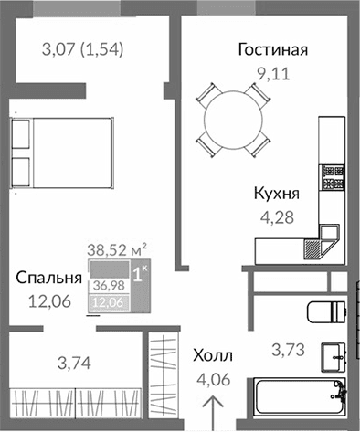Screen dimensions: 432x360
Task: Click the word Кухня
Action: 277,195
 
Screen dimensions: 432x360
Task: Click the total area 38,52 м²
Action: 117,247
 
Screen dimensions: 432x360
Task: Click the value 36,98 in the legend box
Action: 106,285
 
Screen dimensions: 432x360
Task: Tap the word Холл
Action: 214,355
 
